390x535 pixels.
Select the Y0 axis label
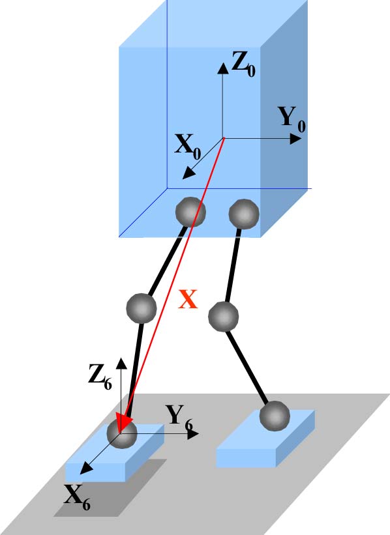[x=292, y=119]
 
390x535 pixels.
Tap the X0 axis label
[x=187, y=147]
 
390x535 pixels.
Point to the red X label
[x=188, y=299]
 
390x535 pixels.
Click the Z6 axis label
[x=100, y=377]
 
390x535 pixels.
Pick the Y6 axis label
[x=179, y=418]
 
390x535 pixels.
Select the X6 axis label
[x=77, y=497]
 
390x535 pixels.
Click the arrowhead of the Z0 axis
[x=223, y=68]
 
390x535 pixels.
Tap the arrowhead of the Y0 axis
[x=295, y=139]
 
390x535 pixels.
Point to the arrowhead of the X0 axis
[x=188, y=173]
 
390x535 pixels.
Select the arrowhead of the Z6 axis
[x=121, y=364]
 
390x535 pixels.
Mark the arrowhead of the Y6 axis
[x=193, y=433]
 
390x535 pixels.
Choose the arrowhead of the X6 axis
[x=86, y=468]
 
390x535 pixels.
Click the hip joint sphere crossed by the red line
[x=190, y=212]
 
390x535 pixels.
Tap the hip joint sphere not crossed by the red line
[x=244, y=214]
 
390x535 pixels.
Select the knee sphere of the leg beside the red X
[x=142, y=308]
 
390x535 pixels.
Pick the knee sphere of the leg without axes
[x=223, y=316]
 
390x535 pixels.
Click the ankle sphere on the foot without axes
[x=275, y=416]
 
